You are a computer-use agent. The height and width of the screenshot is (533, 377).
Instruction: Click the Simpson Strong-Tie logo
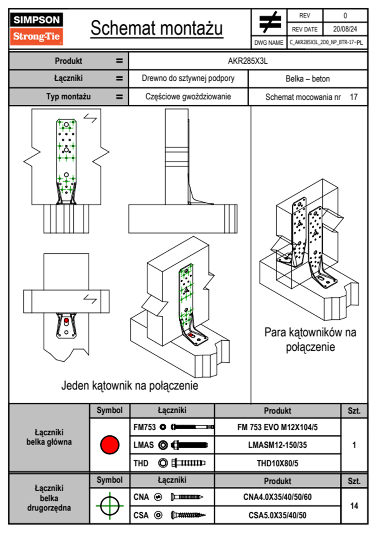point(36,29)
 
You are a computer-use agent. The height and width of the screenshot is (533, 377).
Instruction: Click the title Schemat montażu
point(157,28)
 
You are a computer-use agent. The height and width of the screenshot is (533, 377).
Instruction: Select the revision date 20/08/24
point(345,29)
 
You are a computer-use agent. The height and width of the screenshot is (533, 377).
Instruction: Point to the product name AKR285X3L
point(248,61)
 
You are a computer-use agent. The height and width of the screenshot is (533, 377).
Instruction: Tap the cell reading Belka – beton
point(308,79)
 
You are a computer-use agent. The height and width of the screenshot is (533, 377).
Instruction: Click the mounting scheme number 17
point(354,97)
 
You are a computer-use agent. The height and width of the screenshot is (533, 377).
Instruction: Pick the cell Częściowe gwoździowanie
point(188,97)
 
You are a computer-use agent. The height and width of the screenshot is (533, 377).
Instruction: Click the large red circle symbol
point(110,445)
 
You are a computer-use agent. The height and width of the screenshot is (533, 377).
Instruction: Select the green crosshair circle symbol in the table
point(110,505)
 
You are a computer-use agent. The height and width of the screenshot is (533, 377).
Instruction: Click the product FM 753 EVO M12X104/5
point(277,427)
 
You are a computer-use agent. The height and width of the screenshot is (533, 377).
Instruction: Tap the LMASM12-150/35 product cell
point(277,445)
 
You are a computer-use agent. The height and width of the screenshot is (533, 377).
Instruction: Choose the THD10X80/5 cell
point(277,463)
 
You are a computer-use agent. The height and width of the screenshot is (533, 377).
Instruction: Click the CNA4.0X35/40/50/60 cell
point(277,497)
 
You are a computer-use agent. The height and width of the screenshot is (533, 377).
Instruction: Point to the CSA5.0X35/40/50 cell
point(277,515)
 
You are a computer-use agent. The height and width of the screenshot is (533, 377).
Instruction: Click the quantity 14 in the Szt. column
point(354,506)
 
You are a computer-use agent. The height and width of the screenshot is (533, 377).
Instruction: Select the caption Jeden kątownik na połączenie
point(130,386)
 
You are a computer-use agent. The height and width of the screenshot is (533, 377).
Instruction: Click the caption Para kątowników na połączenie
point(310,339)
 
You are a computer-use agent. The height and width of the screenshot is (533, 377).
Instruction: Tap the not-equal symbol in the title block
point(270,22)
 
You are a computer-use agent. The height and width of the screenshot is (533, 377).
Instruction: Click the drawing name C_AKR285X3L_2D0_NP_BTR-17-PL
point(326,42)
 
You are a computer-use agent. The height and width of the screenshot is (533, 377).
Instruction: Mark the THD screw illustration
point(188,463)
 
